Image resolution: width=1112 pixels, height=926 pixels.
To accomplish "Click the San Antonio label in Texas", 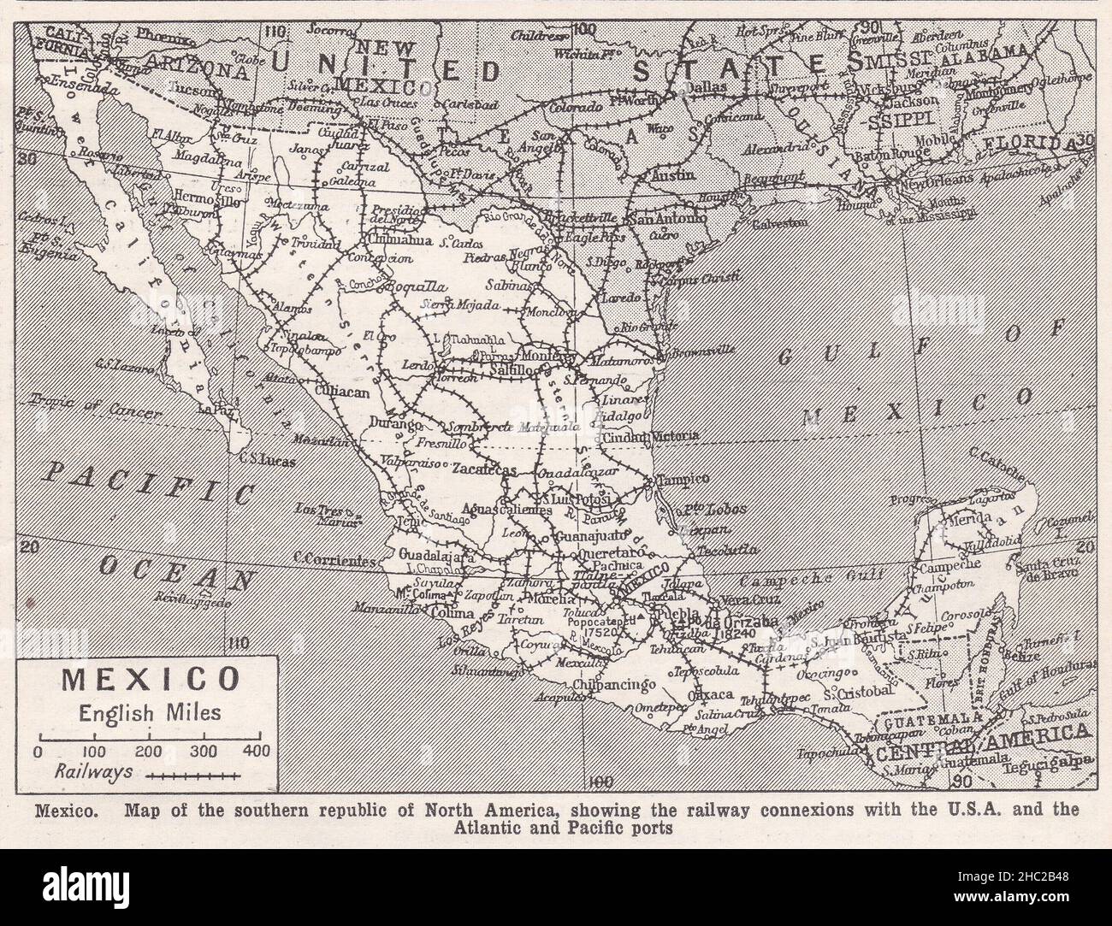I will pos(680,219).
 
